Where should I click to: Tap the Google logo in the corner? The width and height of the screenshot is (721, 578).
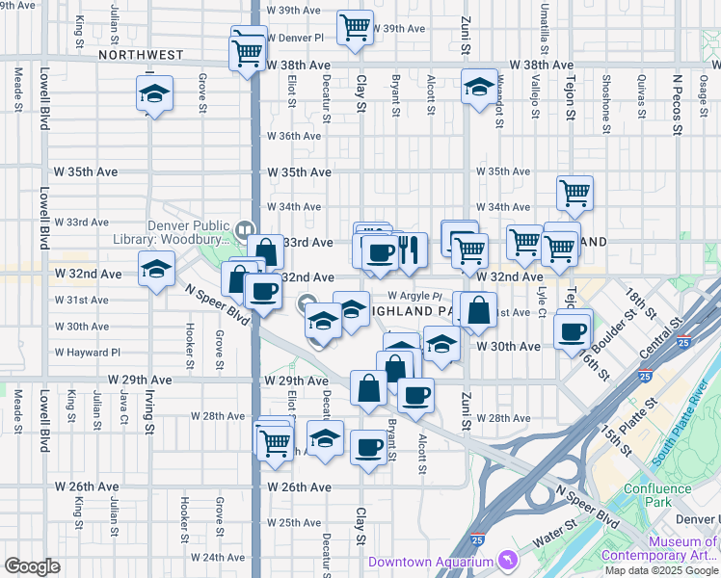click(x=32, y=566)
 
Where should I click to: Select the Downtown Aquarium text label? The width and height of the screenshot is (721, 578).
click(x=430, y=562)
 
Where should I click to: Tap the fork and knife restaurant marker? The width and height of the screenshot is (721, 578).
click(x=408, y=250)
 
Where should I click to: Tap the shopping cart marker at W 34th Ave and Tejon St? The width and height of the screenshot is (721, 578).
click(x=575, y=193)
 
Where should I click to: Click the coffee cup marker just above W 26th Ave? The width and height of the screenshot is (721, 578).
click(x=369, y=446)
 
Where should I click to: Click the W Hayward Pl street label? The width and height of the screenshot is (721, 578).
click(x=88, y=353)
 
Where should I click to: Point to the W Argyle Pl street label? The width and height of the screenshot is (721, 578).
click(x=414, y=296)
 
